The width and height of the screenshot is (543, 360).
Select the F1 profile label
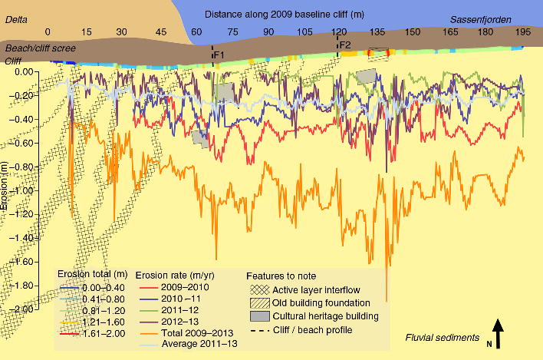(x=219, y=55)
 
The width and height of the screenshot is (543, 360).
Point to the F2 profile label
(x=345, y=45)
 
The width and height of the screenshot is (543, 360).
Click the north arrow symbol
(x=497, y=335)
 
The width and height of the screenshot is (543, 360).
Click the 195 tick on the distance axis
(x=523, y=32)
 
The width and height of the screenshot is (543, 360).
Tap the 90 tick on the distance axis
(x=268, y=32)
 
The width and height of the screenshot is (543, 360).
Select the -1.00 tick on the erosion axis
(x=27, y=190)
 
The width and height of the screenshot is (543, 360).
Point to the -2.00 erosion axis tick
(x=27, y=309)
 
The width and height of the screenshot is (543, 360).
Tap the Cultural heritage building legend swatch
(x=261, y=316)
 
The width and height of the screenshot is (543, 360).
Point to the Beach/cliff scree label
(x=38, y=48)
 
